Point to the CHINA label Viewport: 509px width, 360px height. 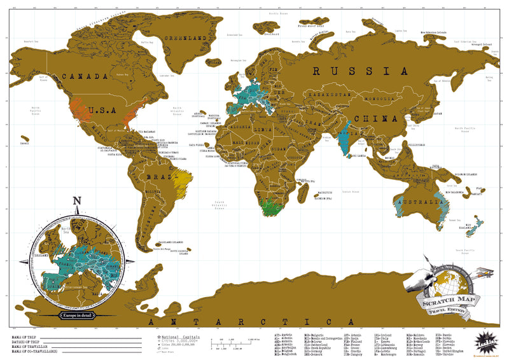pyautogui.click(x=375, y=119)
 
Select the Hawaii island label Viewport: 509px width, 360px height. pyautogui.click(x=25, y=143)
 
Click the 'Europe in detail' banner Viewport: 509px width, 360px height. pyautogui.click(x=77, y=315)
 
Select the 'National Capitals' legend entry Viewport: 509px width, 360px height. pyautogui.click(x=181, y=336)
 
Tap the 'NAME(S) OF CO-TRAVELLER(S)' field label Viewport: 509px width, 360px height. pyautogui.click(x=34, y=351)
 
